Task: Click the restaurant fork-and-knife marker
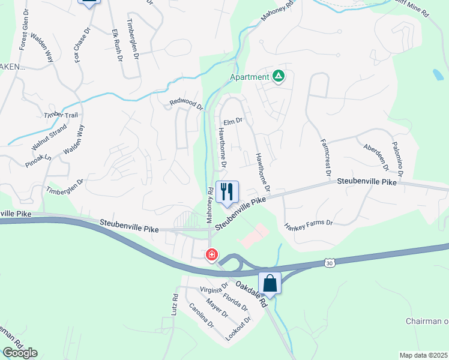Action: [226, 192]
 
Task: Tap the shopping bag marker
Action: [270, 283]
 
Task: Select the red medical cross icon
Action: [211, 255]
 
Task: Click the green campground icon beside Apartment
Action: [279, 77]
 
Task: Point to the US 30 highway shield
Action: [328, 263]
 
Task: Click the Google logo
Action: [19, 353]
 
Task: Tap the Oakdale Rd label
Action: [251, 295]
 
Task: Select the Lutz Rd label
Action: [174, 305]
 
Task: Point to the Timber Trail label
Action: [61, 115]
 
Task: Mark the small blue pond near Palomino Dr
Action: [438, 74]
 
